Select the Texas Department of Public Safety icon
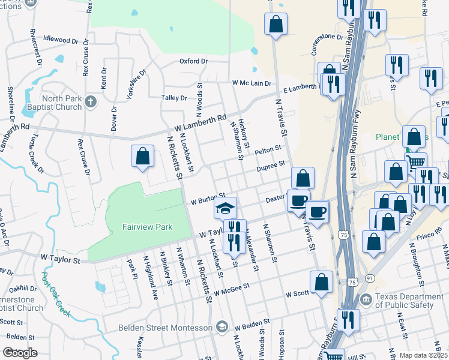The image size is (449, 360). coord(365,299)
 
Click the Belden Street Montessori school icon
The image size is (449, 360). coord(221,327)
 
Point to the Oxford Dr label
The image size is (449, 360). coord(193,61)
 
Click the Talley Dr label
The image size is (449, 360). coord(174,98)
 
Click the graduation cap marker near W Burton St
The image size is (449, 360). coord(225,208)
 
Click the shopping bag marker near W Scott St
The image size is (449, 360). coord(322,281)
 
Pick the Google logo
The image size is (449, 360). coord(20,353)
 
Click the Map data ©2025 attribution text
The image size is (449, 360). coord(423,355)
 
